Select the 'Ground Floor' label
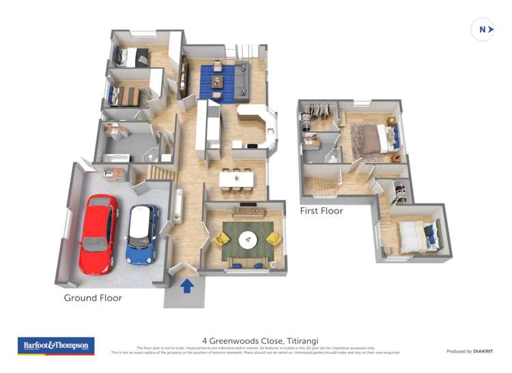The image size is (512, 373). click(x=93, y=298)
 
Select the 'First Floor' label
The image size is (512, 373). click(x=322, y=211)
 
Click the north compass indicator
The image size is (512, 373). click(x=483, y=29)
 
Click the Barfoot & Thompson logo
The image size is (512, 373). click(x=55, y=346)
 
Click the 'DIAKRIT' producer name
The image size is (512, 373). click(x=480, y=351)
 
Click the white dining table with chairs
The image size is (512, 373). click(x=236, y=179)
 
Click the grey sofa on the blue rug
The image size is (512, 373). click(x=241, y=78)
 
